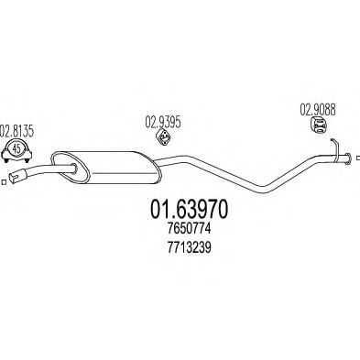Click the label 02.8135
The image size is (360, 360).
[16, 130]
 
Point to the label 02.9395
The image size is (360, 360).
[163, 119]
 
